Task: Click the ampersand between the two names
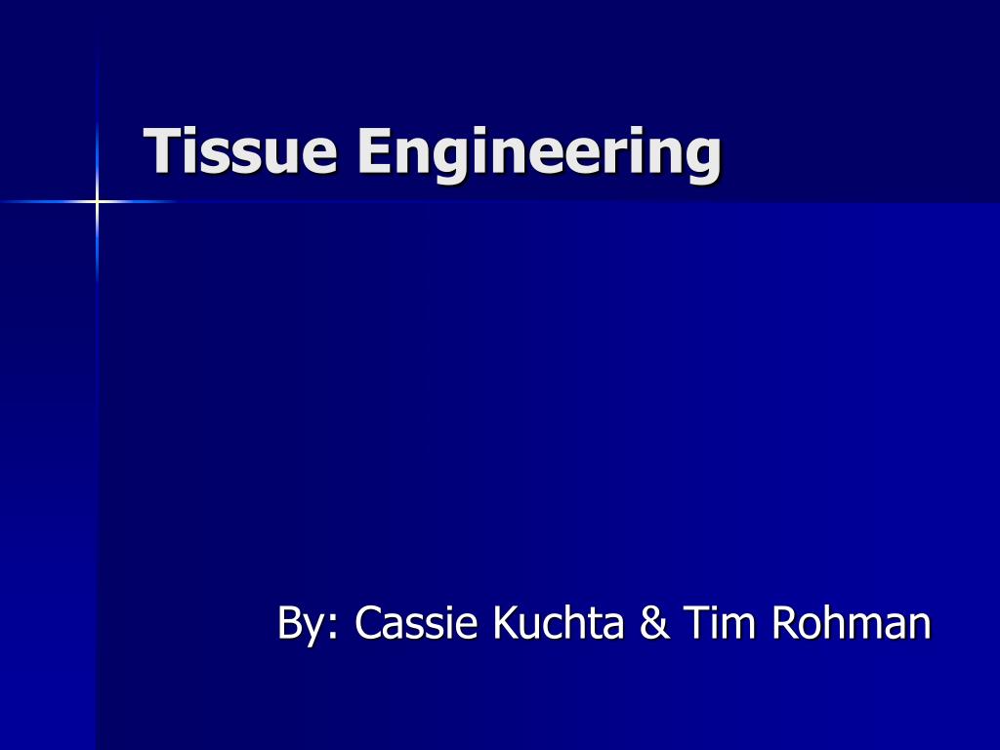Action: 653,623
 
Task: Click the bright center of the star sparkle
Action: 97,201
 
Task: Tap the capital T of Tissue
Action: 162,151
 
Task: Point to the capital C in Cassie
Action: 367,623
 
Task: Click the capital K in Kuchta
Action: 508,622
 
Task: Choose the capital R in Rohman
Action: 784,622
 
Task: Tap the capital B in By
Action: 289,622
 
